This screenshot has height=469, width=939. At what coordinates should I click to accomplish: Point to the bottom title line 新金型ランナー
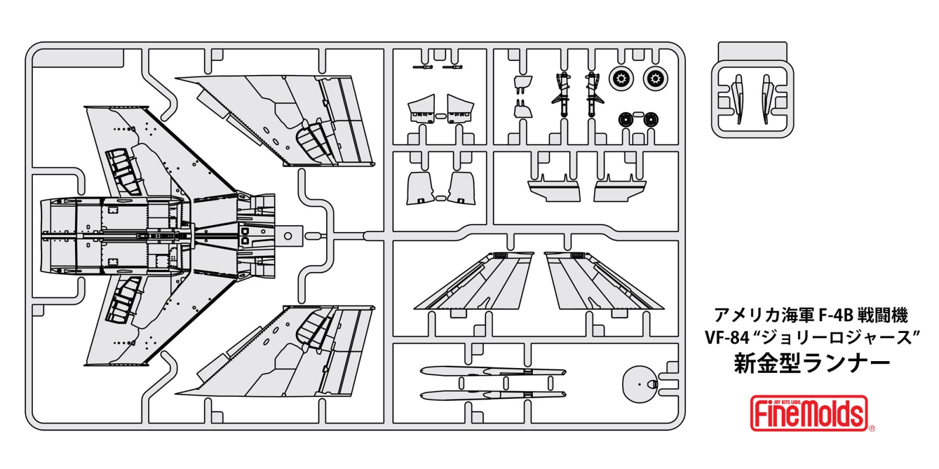tap(812, 363)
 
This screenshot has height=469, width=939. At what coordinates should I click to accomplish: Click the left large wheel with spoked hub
tap(620, 79)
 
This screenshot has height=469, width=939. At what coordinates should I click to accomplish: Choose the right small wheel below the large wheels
tap(650, 120)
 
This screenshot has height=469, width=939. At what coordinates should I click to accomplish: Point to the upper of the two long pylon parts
tap(493, 372)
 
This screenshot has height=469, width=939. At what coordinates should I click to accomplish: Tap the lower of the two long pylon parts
tap(493, 395)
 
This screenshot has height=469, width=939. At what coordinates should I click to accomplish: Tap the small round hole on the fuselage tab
tap(288, 236)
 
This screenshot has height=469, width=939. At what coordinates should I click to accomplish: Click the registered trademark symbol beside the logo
tap(872, 428)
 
